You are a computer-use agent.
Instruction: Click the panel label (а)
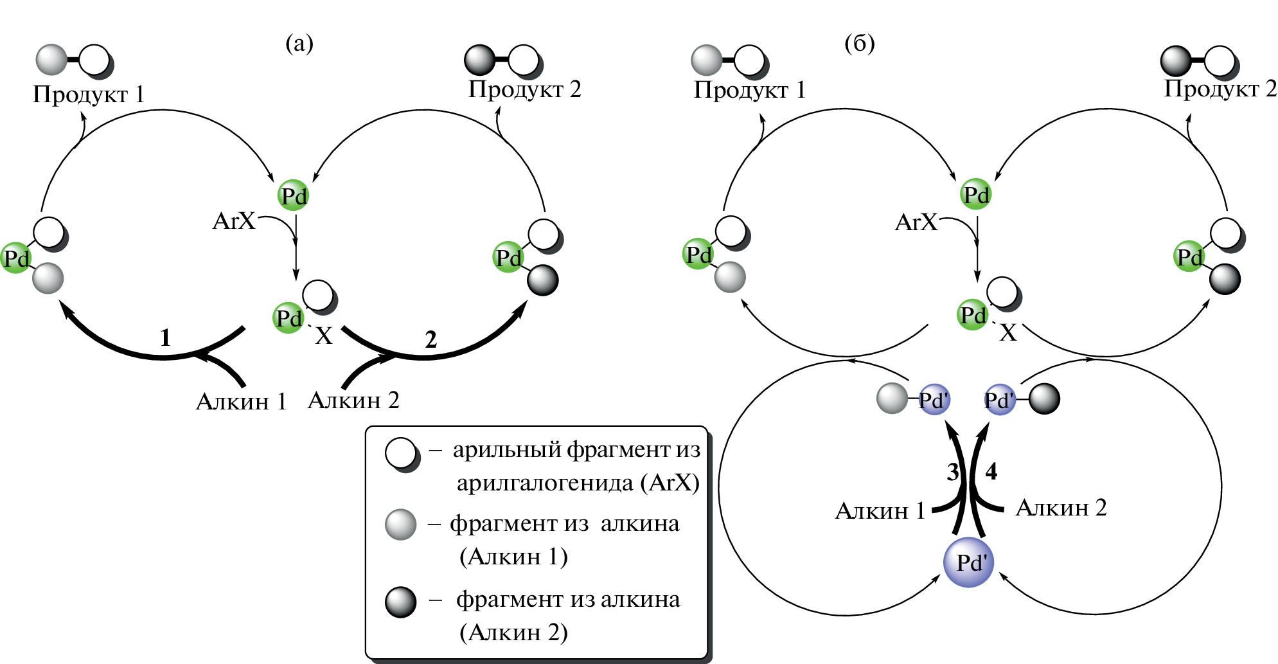(x=299, y=44)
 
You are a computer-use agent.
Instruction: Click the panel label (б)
(x=859, y=44)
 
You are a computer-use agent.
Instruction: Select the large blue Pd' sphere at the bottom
(x=969, y=562)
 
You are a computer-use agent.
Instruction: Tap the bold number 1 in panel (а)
(x=165, y=337)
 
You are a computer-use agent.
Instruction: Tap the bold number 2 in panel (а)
(x=430, y=339)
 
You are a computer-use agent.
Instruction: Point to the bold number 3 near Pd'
(x=953, y=472)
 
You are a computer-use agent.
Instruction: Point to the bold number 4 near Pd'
(x=991, y=472)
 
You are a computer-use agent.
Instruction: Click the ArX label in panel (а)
(x=234, y=221)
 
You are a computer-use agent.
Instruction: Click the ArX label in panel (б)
(x=916, y=222)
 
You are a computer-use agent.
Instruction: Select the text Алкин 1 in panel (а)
(x=241, y=402)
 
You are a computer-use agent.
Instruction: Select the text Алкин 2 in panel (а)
(x=353, y=400)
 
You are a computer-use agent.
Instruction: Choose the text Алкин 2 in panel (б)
(x=1061, y=508)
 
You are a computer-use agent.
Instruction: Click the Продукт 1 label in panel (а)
(x=89, y=94)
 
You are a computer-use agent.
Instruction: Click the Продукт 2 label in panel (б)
(x=1220, y=89)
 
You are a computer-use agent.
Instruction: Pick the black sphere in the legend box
(x=400, y=602)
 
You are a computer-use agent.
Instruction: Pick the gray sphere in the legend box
(x=400, y=525)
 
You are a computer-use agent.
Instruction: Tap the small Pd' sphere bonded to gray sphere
(x=934, y=400)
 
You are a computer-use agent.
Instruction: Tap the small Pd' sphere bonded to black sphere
(x=999, y=400)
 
